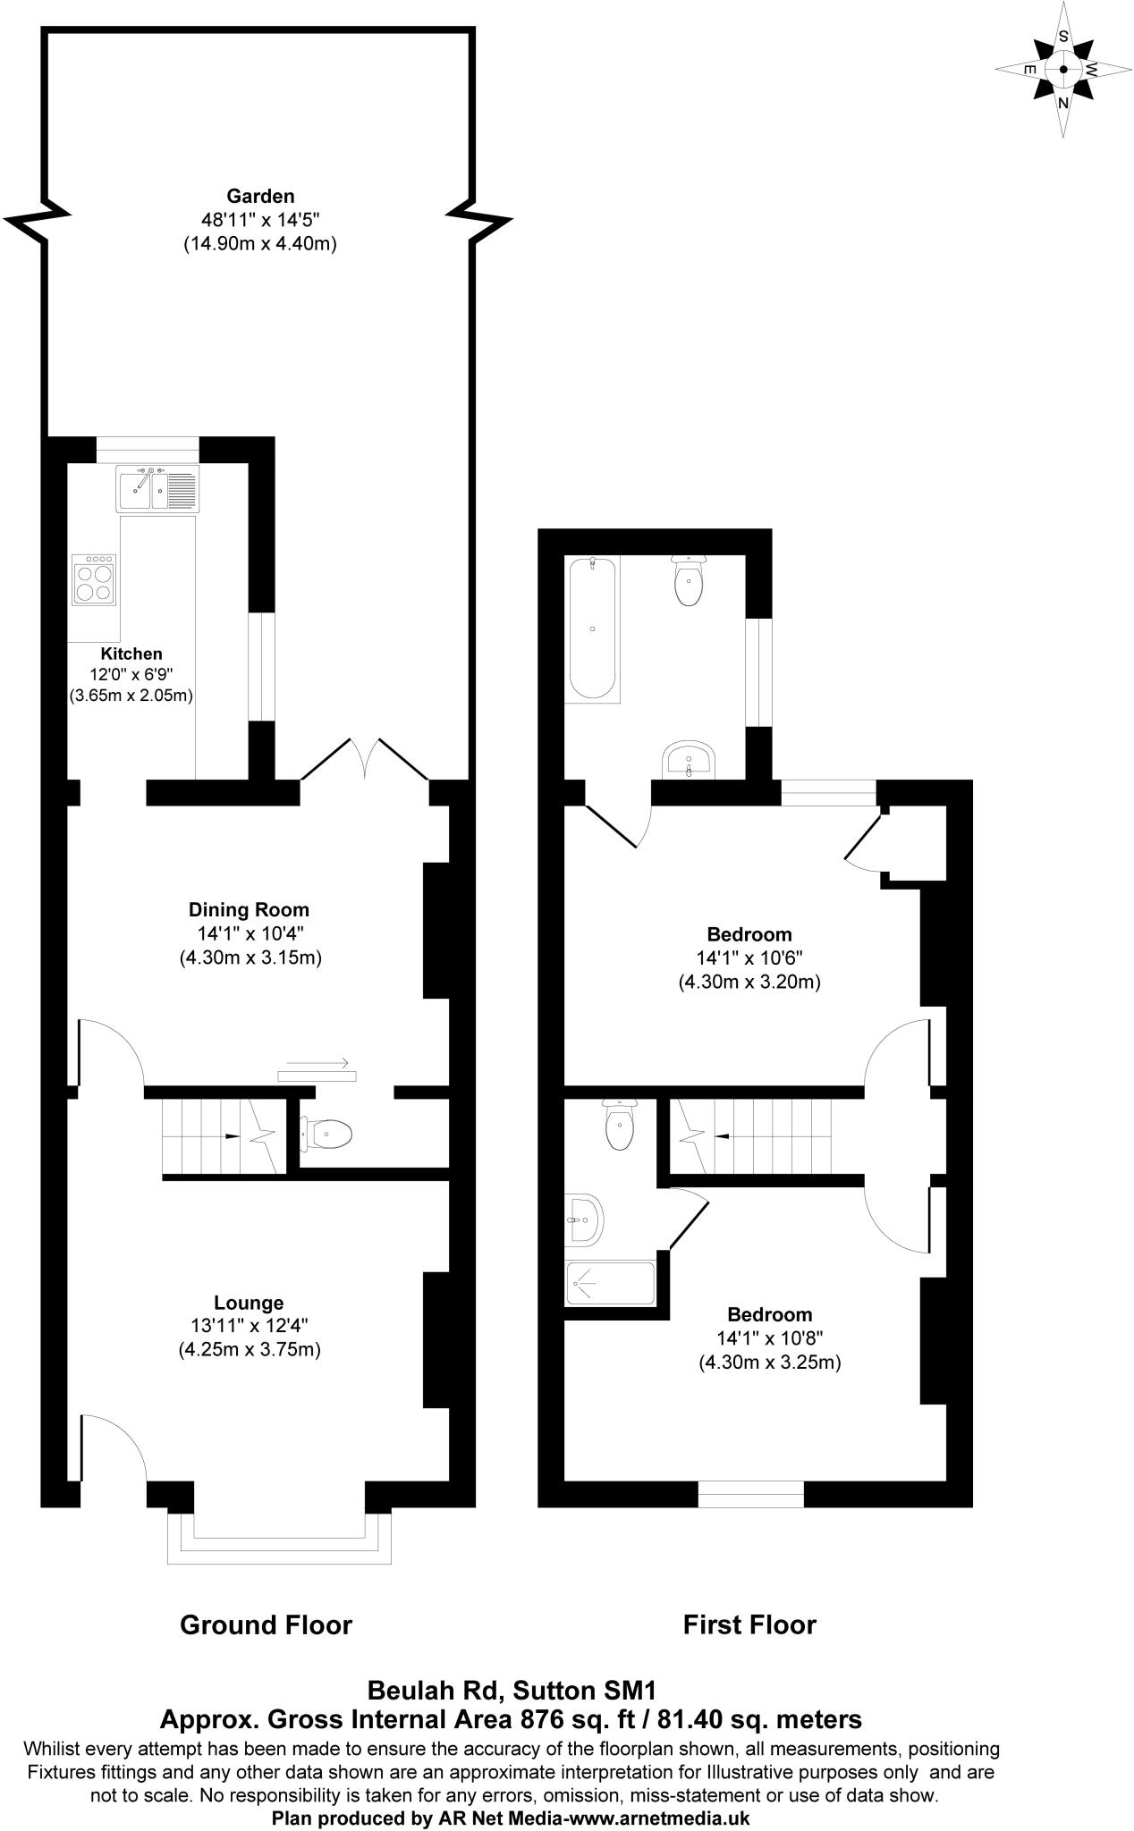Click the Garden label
point(260,196)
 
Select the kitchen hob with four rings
point(94,580)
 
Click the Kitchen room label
point(131,654)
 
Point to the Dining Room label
point(249,910)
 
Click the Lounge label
point(249,1303)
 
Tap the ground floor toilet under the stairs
point(327,1135)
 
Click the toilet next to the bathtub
point(689,581)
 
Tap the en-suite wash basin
point(585,1218)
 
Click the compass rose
point(1062,70)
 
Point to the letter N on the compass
point(1063,103)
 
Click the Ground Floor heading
point(267,1624)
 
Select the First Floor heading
point(749,1624)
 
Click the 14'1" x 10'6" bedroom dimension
point(749,958)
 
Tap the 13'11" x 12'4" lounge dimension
point(250,1326)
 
